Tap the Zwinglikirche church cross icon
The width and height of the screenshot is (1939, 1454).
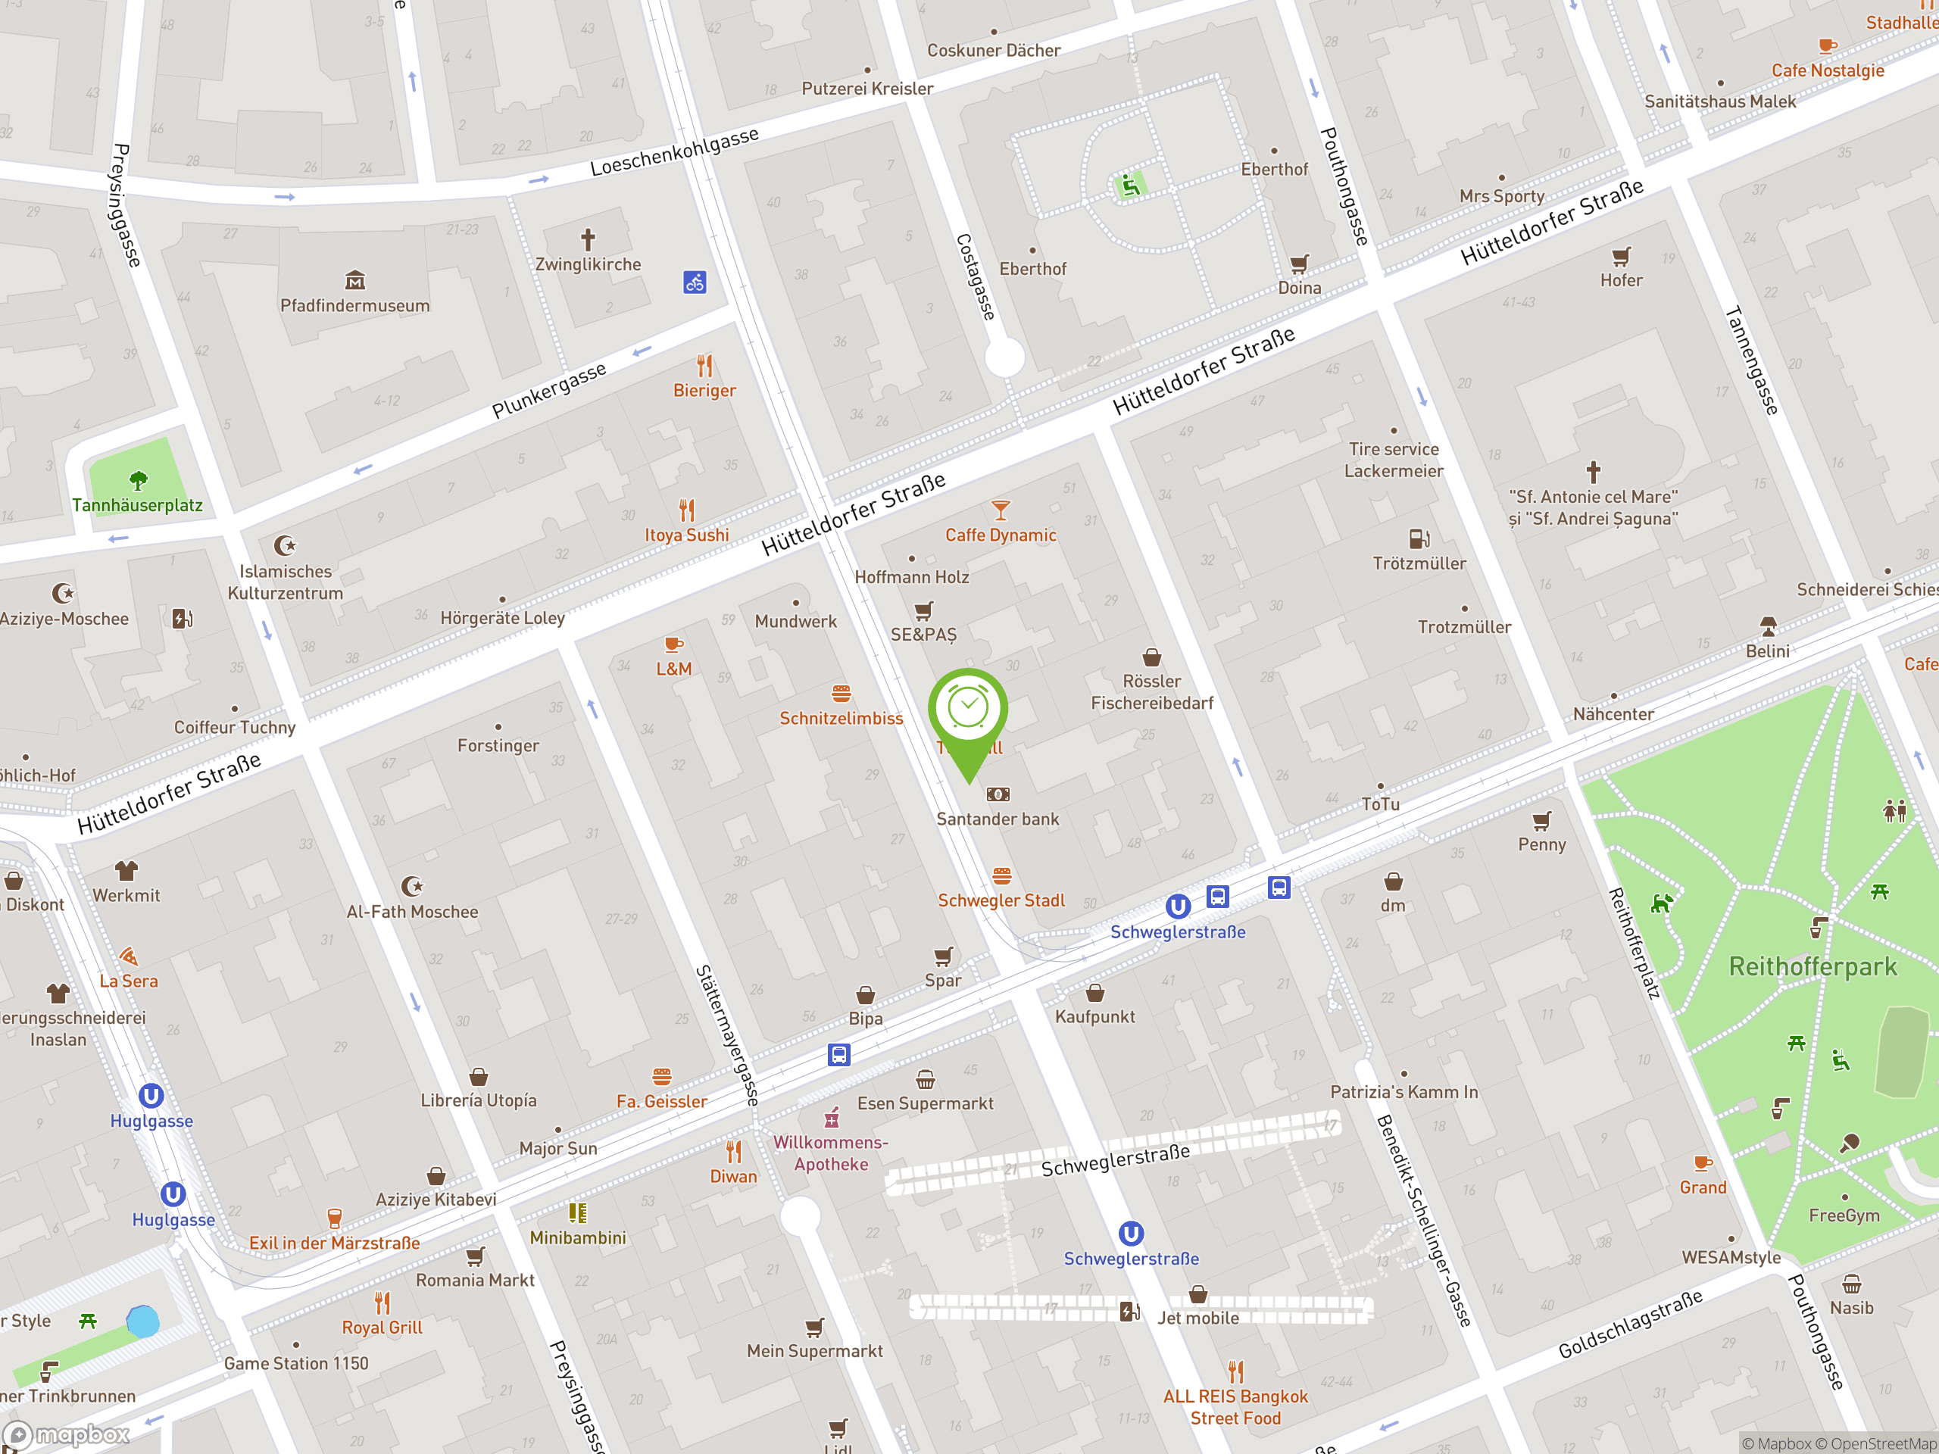(587, 239)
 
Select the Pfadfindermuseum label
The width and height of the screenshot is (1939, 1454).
(355, 306)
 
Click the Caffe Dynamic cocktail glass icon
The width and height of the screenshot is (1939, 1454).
(1001, 509)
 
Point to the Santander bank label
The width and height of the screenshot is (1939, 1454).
(998, 819)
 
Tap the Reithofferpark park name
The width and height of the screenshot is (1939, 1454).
(1813, 967)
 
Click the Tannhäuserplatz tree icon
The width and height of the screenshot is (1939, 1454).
(138, 480)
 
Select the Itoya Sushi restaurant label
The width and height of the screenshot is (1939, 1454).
(686, 535)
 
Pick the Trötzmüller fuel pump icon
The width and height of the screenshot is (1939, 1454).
(1419, 538)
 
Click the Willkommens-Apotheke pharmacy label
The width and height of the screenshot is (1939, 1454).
(830, 1153)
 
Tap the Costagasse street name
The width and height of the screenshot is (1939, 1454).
(976, 276)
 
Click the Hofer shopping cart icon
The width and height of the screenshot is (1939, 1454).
(1621, 257)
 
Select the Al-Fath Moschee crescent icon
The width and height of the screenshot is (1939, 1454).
(412, 886)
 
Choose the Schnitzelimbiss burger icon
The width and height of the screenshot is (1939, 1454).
(841, 693)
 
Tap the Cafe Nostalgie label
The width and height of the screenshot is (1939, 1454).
(1827, 71)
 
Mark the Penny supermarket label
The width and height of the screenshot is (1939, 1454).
(1541, 845)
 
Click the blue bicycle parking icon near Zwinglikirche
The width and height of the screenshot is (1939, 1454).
(695, 282)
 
